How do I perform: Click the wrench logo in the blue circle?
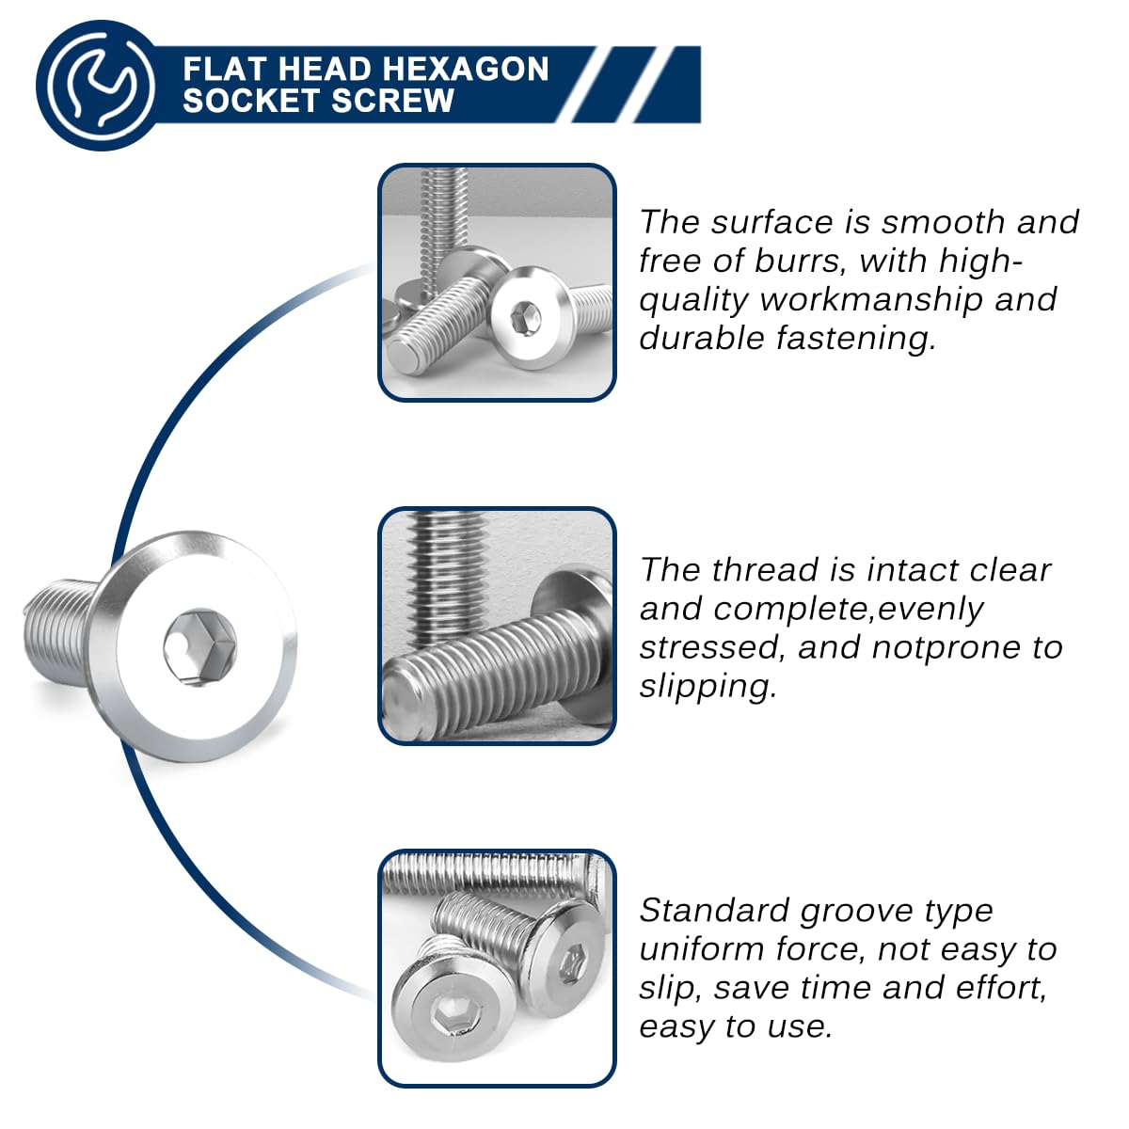click(x=101, y=86)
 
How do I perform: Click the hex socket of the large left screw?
click(x=199, y=646)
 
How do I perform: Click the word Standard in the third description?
click(x=714, y=911)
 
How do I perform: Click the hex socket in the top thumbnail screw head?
click(x=525, y=319)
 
